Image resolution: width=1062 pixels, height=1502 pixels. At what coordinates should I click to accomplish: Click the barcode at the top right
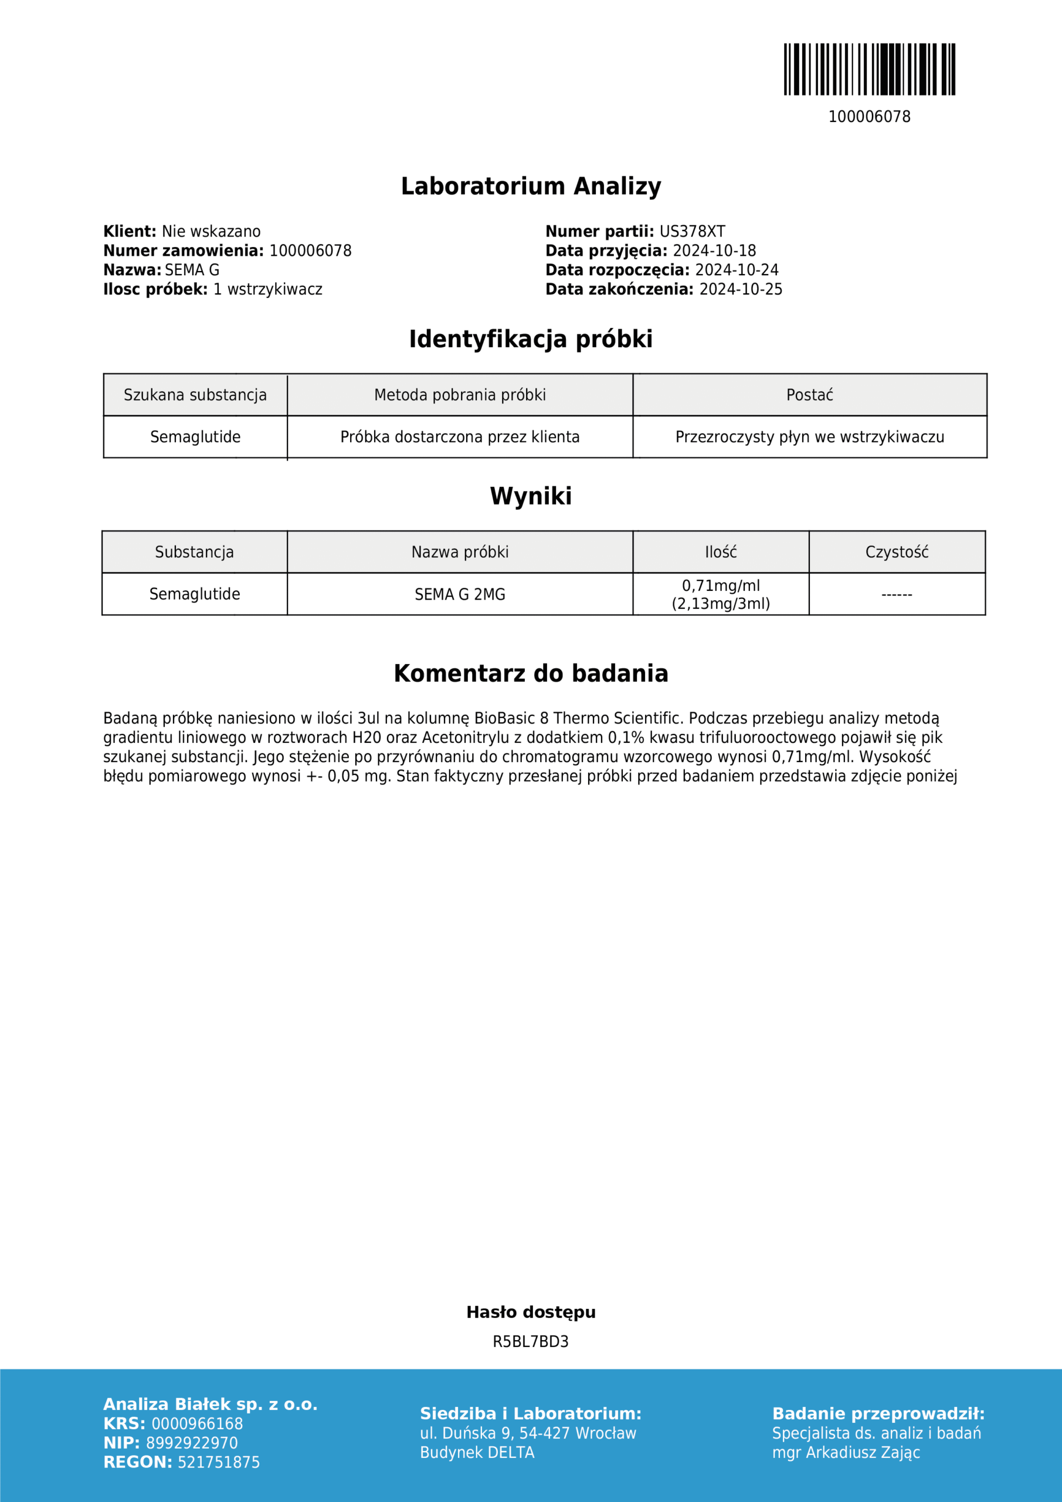(x=869, y=69)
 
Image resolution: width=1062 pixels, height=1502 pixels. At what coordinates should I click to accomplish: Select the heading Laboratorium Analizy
(x=531, y=187)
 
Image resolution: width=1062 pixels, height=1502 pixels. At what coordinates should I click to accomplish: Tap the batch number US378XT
(x=692, y=232)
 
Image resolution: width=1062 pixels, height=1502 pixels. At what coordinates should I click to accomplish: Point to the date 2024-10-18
(x=714, y=251)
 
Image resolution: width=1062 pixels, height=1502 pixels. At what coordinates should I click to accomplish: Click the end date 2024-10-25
(x=740, y=289)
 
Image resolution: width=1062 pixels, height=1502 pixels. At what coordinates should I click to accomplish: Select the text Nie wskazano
(x=211, y=232)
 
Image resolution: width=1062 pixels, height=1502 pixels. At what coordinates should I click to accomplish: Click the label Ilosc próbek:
(x=155, y=289)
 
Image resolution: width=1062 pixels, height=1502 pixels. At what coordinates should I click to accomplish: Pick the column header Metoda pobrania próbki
(x=460, y=395)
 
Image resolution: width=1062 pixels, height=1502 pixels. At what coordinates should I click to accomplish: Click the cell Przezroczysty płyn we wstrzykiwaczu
(x=810, y=437)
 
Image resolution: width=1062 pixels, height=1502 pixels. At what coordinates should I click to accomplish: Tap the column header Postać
(x=810, y=395)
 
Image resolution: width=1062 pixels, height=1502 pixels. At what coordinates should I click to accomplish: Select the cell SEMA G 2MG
(x=460, y=594)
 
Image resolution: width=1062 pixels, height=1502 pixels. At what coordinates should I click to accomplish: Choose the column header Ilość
(x=721, y=552)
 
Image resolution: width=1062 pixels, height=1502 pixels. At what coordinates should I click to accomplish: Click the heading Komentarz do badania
(x=531, y=674)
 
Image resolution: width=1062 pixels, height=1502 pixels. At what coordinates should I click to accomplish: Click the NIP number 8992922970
(x=192, y=1443)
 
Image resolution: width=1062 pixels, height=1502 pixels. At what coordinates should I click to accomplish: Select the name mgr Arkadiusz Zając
(x=846, y=1452)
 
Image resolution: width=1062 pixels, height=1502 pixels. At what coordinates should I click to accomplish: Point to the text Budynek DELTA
(x=477, y=1452)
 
